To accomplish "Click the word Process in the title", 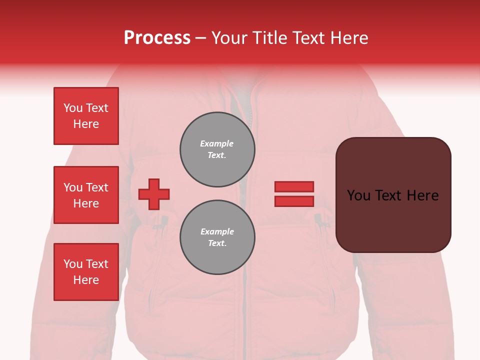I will pos(157,38).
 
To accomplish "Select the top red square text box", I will pos(86,116).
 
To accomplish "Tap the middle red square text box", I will pos(86,195).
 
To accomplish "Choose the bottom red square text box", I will pos(86,272).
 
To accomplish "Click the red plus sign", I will pos(154,194).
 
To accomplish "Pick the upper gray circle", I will pos(217,149).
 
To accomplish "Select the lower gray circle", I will pos(217,237).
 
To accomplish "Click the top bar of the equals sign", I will pos(294,186).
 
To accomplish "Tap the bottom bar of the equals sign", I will pos(294,201).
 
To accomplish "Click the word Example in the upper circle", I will pos(216,143).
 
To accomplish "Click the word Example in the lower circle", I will pos(217,231).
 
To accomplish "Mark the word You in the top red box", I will pos(73,108).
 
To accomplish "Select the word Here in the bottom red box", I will pos(86,280).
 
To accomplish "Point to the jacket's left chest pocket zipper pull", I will pos(164,220).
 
